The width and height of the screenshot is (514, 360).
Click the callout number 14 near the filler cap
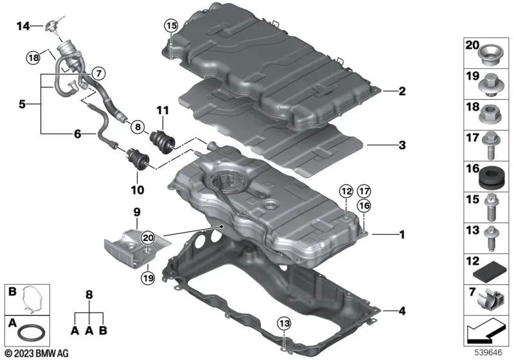tap(23, 26)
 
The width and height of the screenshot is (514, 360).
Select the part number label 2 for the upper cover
tap(402, 91)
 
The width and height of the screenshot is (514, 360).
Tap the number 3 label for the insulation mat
tap(402, 146)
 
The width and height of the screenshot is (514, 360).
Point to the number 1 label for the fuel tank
tap(402, 235)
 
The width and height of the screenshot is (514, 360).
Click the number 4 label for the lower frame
tap(402, 312)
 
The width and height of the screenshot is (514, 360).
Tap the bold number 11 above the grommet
tap(161, 111)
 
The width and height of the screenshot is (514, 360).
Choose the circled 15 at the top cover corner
tap(170, 26)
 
